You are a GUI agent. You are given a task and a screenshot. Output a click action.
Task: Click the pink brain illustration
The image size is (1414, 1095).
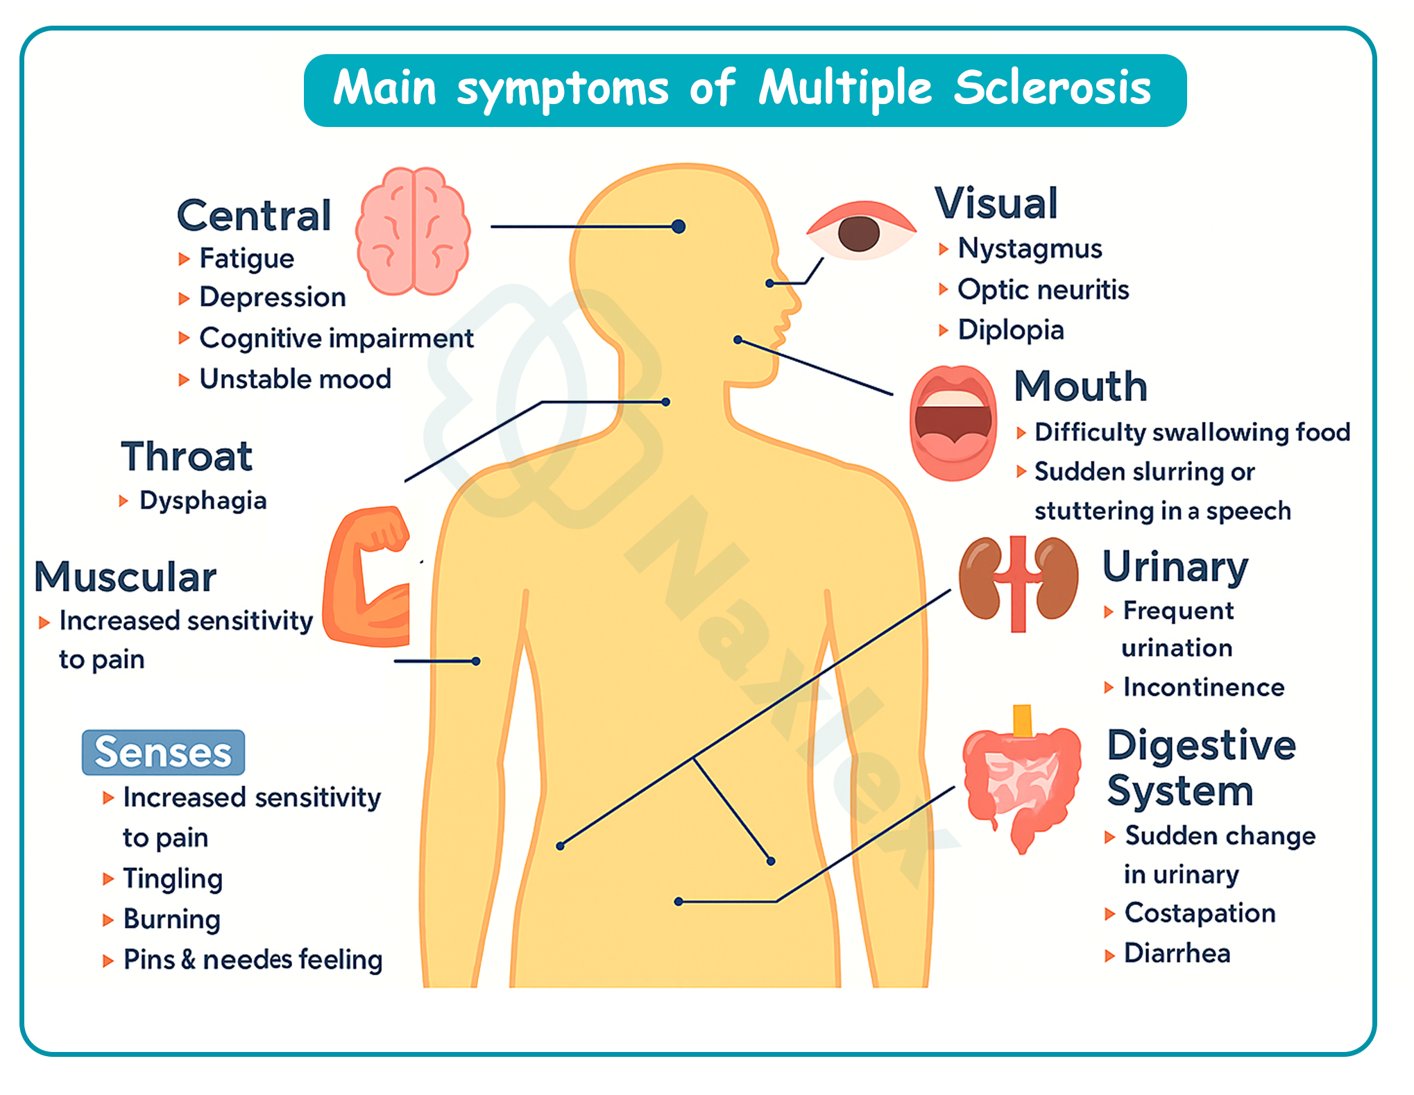tap(413, 231)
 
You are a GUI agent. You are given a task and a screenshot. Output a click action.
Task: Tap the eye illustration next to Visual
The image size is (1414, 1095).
tap(860, 232)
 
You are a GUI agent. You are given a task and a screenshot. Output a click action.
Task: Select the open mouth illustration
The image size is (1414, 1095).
tap(953, 423)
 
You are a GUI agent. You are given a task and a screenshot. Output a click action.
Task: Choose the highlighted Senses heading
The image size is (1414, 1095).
tap(163, 752)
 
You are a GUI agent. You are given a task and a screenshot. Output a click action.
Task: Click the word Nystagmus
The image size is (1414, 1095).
tap(1030, 248)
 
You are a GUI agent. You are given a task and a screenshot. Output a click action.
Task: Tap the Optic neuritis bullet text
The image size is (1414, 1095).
tap(1043, 289)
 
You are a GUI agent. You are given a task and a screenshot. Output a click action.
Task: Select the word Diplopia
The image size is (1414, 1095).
tap(1011, 330)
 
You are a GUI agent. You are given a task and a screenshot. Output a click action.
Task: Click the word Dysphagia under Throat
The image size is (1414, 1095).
tap(203, 500)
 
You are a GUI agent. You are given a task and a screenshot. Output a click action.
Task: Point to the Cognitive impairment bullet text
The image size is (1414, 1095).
tap(336, 338)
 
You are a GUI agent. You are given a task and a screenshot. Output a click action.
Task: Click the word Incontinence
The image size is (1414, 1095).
tap(1204, 687)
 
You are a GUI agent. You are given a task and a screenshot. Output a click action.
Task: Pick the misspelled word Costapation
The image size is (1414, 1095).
tap(1200, 912)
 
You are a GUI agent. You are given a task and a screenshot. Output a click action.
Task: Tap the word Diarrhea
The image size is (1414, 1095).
tap(1177, 953)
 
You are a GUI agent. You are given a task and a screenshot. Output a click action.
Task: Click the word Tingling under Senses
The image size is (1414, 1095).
tap(173, 878)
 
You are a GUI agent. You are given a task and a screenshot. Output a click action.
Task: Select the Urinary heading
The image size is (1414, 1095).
tap(1175, 567)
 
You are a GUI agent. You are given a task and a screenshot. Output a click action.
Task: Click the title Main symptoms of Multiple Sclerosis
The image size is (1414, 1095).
tap(744, 90)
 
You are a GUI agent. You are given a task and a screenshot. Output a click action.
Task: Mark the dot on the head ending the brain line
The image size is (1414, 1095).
tap(679, 226)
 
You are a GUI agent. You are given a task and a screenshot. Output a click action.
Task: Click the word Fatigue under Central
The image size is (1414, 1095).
tap(246, 258)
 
